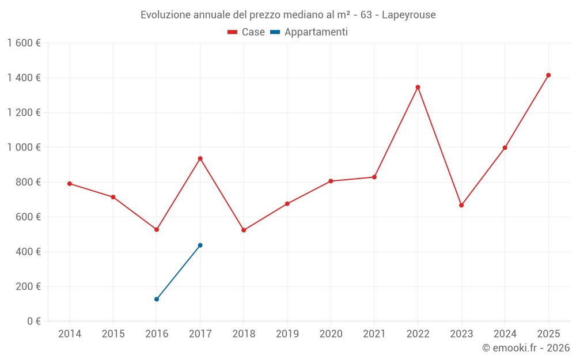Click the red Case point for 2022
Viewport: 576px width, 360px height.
click(418, 87)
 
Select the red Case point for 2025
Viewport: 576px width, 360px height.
click(548, 75)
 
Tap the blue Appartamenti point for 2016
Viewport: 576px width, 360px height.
click(157, 299)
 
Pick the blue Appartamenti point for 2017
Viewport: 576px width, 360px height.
click(200, 245)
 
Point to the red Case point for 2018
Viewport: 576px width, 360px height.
click(244, 230)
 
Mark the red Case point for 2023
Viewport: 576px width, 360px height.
click(461, 205)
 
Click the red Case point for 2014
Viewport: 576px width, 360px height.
click(70, 184)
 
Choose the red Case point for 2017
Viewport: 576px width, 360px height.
click(200, 158)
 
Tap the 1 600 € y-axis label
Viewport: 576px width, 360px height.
click(24, 43)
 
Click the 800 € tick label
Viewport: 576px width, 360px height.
click(27, 182)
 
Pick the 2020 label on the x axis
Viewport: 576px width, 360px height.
click(331, 334)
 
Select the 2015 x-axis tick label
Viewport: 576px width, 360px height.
click(113, 334)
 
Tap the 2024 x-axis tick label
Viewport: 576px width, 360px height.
click(505, 334)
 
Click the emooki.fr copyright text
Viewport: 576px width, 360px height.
click(525, 348)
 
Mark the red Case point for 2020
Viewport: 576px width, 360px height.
click(331, 181)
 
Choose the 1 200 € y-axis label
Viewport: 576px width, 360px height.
click(24, 113)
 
